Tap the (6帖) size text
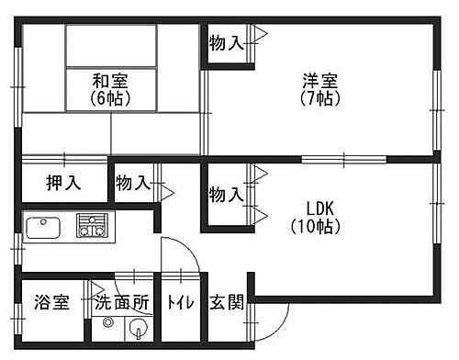pos(109,97)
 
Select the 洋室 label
pos(319,80)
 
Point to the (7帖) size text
pos(319,97)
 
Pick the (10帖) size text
pos(318,225)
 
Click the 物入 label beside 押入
pos(133,183)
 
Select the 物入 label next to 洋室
pos(226,42)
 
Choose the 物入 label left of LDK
pos(226,195)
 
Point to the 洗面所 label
pos(121,302)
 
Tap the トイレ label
pos(179,303)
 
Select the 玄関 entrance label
pos(226,302)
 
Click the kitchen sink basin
pos(43,228)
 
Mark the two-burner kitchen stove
pos(91,226)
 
